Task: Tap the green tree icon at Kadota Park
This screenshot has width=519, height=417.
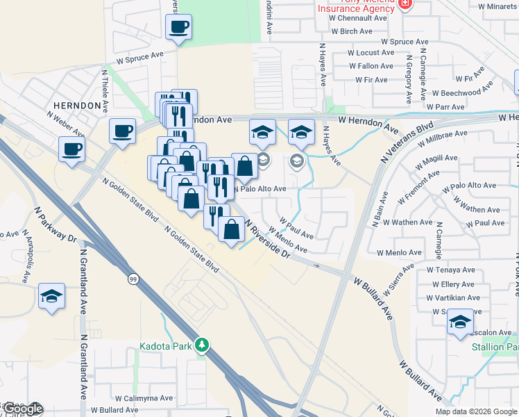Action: (202, 345)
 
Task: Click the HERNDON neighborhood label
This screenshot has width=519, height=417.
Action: (71, 105)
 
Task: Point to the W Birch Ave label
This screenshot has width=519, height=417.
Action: (352, 32)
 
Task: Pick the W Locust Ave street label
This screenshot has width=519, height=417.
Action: (371, 53)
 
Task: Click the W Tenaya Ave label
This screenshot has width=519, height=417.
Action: (450, 269)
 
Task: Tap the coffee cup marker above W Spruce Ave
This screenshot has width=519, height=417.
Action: (178, 28)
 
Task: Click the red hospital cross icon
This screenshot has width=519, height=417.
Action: (406, 4)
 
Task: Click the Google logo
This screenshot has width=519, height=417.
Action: (22, 409)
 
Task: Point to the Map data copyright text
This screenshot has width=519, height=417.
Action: (476, 411)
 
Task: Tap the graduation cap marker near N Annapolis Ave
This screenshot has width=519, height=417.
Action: (52, 297)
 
